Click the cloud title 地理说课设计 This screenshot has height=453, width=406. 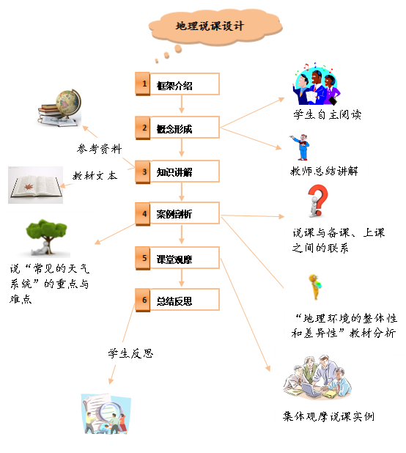210,26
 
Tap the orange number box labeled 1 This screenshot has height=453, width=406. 143,84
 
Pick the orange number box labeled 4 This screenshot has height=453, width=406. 143,214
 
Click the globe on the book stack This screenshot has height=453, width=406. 68,103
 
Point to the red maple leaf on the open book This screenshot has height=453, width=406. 29,187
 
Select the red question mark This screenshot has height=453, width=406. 318,199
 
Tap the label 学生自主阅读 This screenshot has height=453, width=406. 327,114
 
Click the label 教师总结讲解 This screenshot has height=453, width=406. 324,171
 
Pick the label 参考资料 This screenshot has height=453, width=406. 100,149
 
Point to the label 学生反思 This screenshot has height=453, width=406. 130,353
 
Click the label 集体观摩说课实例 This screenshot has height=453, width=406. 328,416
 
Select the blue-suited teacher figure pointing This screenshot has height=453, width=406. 300,147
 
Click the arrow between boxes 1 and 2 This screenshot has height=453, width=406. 182,104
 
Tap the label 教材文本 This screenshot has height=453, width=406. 95,175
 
